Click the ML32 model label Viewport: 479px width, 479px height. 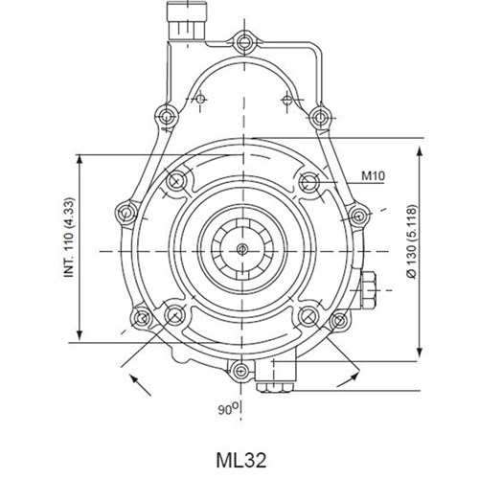point(240,460)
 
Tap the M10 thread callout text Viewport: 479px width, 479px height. point(373,175)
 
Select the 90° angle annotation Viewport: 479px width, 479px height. point(228,408)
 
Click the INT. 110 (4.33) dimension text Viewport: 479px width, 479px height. point(69,238)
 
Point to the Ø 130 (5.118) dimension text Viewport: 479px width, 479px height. point(412,241)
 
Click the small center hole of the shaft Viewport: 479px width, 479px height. point(242,249)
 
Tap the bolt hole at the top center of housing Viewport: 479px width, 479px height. point(244,41)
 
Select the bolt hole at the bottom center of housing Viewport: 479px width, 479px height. point(240,371)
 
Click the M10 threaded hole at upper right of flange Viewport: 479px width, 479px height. point(308,182)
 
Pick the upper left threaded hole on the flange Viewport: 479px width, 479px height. point(176,181)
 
